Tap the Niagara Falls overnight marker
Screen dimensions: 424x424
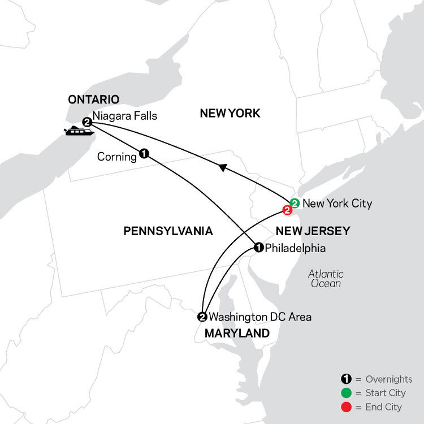point(86,122)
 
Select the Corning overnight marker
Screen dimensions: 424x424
point(144,153)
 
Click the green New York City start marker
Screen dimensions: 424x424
point(294,203)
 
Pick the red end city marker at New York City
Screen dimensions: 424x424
point(287,211)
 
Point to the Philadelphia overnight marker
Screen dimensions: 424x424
point(258,247)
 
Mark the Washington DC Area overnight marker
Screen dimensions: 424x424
point(202,317)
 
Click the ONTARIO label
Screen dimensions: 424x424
point(93,100)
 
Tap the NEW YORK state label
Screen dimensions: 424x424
point(230,114)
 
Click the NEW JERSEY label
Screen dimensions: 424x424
point(312,231)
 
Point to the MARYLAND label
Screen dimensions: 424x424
point(237,334)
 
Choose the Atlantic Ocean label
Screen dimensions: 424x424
point(326,278)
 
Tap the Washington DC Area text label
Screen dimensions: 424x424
point(260,317)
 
